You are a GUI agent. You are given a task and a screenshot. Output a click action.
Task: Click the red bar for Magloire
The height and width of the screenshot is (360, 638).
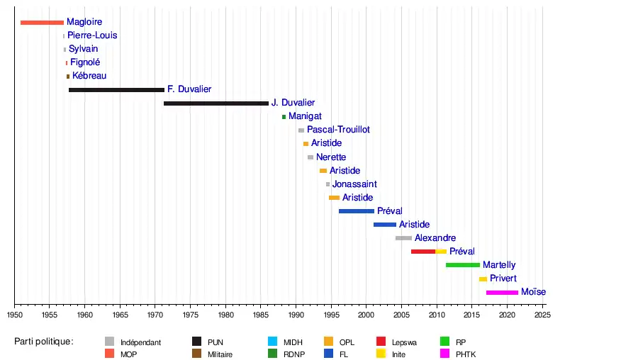(42, 23)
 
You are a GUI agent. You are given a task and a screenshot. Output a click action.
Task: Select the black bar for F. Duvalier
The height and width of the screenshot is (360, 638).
(116, 90)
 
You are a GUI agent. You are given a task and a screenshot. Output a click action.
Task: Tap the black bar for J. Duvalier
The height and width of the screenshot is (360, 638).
(216, 103)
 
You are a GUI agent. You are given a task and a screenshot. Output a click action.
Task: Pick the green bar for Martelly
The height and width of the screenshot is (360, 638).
(463, 265)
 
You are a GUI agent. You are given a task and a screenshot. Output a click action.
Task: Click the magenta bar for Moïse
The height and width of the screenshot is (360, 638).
(502, 292)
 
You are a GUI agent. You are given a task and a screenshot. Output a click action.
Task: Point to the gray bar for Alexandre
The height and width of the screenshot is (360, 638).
(403, 238)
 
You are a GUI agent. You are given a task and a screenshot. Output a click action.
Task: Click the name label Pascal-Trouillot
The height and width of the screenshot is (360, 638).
(338, 130)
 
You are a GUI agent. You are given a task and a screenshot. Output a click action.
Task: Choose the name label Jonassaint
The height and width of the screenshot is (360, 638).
(354, 184)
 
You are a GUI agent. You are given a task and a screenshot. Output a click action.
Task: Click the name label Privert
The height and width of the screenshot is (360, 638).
(503, 279)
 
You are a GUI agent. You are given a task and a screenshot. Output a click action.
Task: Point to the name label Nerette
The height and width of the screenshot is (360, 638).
(331, 157)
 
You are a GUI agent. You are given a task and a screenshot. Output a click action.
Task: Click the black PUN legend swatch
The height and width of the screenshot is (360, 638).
(198, 342)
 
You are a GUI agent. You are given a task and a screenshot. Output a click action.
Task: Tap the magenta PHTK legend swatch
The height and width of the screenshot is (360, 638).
(444, 354)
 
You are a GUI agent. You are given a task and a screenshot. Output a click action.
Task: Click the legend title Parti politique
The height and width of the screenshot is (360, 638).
(44, 342)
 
